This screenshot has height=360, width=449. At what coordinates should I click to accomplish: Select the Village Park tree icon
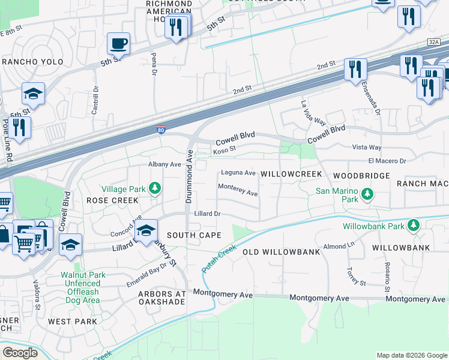pos(155,189)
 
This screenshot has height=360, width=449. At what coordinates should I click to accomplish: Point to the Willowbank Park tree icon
pos(413,226)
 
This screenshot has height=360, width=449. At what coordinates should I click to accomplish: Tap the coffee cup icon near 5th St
pos(118,44)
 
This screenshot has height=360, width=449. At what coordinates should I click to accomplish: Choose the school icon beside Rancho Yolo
pos(33,94)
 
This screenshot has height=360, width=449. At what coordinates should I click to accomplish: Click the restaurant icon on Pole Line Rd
pos(21,128)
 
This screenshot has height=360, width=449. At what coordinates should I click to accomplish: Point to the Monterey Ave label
pos(238,190)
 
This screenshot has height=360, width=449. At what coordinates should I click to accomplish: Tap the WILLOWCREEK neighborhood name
pos(292,174)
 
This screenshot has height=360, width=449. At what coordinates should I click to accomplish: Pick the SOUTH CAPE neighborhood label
pos(194,235)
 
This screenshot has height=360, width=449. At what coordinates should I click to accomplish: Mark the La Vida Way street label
pos(313,112)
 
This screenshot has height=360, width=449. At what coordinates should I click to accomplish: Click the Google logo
pos(20,353)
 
